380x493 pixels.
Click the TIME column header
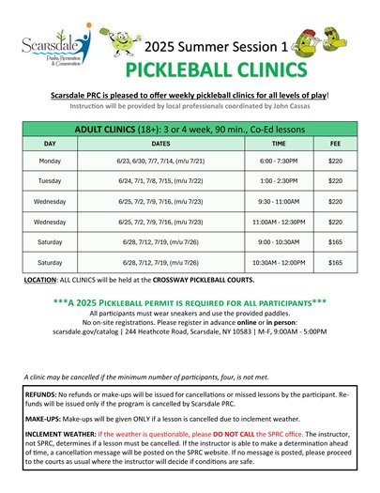pyautogui.click(x=279, y=145)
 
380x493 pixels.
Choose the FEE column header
pyautogui.click(x=335, y=145)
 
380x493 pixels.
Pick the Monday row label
pyautogui.click(x=50, y=161)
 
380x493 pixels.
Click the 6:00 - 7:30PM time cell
pyautogui.click(x=279, y=161)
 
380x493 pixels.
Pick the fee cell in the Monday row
pyautogui.click(x=335, y=161)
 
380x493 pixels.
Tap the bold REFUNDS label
pyautogui.click(x=43, y=395)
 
